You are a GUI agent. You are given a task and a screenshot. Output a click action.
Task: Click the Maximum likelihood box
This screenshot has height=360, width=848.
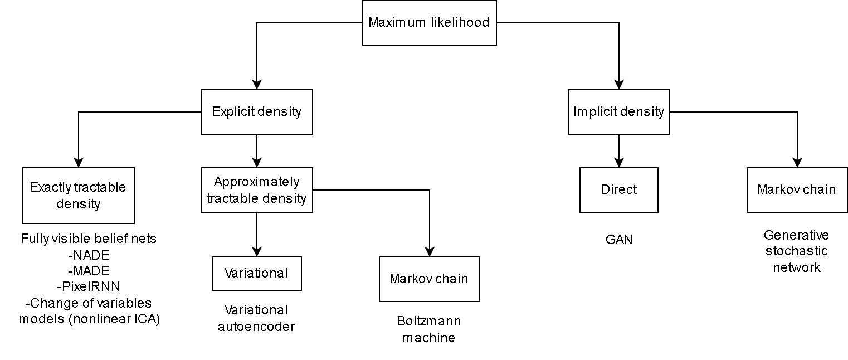pos(430,23)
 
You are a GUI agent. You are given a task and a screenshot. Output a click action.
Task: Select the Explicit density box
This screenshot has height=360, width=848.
pos(257,112)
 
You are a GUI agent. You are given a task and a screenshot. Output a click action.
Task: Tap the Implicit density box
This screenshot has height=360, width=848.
pos(619,112)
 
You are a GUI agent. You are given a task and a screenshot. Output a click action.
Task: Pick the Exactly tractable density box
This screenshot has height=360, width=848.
pos(79,196)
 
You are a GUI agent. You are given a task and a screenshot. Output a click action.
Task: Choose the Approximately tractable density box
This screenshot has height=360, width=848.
pos(257,190)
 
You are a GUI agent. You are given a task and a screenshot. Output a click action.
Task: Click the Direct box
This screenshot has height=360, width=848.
pos(619,190)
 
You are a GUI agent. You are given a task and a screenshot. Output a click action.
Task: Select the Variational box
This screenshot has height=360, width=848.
pos(257,274)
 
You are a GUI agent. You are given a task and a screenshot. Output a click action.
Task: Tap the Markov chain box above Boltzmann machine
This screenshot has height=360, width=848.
pos(430,279)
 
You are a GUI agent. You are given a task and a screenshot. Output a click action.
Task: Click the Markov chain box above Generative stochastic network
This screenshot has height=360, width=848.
pos(797,190)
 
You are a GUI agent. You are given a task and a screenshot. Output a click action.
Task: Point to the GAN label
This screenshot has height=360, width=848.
pos(619,240)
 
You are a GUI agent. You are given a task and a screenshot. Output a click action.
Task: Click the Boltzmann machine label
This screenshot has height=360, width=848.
pos(429,329)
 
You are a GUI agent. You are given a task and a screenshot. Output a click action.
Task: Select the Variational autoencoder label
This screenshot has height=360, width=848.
pos(256,318)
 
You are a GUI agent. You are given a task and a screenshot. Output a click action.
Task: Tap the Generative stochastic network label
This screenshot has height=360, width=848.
pos(797,251)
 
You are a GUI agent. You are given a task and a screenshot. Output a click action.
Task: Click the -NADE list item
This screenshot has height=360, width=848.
pos(89,255)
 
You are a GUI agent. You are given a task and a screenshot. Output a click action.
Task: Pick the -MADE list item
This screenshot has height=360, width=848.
pos(89,271)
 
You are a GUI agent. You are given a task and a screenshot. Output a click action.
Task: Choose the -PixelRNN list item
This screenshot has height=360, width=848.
pos(89,286)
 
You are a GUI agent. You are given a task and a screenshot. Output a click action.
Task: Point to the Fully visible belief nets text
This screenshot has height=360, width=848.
pos(89,239)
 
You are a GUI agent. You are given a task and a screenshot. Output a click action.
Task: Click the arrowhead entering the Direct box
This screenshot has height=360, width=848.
pos(619,163)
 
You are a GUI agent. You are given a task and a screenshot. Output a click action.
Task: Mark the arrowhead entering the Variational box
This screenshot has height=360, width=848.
pos(257,252)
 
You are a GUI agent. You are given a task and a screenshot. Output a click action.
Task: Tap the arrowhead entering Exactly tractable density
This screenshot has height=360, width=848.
pos(79,163)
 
